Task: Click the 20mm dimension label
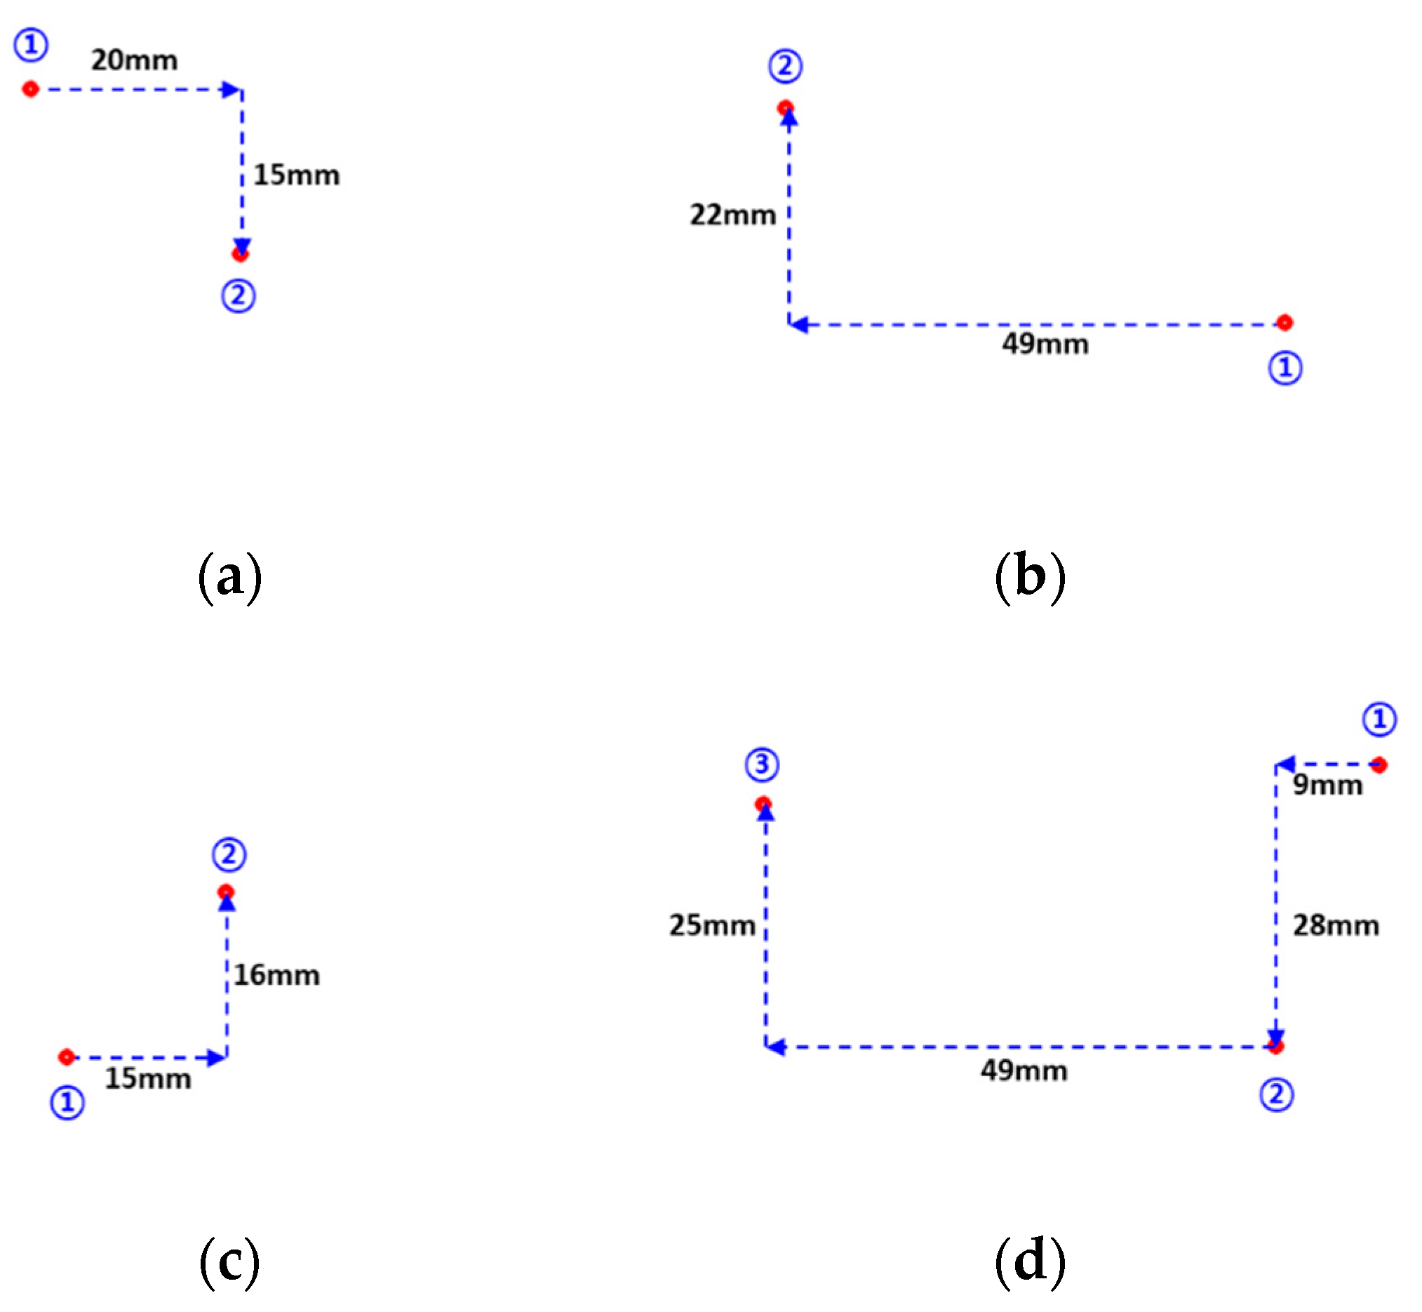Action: (x=134, y=60)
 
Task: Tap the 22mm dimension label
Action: (x=733, y=214)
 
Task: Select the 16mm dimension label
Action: (x=276, y=975)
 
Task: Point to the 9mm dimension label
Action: (x=1327, y=786)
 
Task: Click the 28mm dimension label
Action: (x=1336, y=925)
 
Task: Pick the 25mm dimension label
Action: (x=712, y=925)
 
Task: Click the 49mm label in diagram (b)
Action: (x=1045, y=345)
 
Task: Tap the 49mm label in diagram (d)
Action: (x=1024, y=1071)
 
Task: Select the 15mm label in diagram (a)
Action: (x=297, y=175)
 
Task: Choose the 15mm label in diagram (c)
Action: (x=148, y=1078)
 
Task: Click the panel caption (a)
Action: (x=229, y=578)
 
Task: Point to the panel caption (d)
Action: (x=1030, y=1261)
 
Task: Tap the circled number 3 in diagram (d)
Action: (x=762, y=764)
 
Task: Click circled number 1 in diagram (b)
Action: (x=1285, y=369)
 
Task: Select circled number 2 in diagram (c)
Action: (x=229, y=855)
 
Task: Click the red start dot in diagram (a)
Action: (x=30, y=89)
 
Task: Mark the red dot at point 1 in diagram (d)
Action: (x=1379, y=764)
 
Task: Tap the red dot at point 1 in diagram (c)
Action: (x=67, y=1057)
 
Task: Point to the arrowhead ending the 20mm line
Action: (x=231, y=90)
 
